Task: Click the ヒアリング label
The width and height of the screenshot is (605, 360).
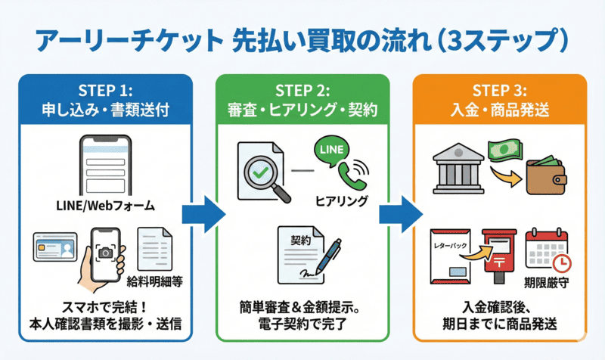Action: pos(342,201)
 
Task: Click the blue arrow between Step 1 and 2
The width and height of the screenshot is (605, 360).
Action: pos(205,214)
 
